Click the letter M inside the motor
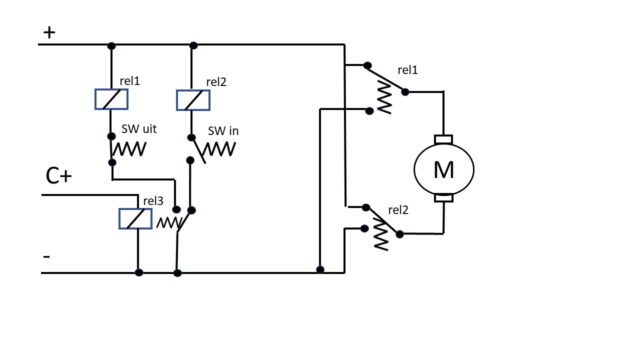click(x=443, y=169)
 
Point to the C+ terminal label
click(x=58, y=175)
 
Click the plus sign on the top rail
click(x=49, y=32)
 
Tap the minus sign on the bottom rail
click(x=46, y=256)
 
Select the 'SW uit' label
click(x=139, y=129)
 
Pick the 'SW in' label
click(x=223, y=131)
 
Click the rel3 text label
click(x=153, y=201)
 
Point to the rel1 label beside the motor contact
click(x=407, y=70)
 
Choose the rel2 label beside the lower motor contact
click(x=398, y=210)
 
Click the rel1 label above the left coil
click(x=129, y=81)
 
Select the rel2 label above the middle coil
click(x=216, y=82)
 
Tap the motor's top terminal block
click(x=443, y=139)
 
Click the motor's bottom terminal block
click(x=443, y=198)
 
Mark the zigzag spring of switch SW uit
click(x=129, y=149)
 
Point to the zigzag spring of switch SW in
click(x=219, y=149)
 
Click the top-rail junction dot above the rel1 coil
click(x=111, y=45)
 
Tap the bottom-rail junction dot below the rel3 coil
click(x=139, y=272)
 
